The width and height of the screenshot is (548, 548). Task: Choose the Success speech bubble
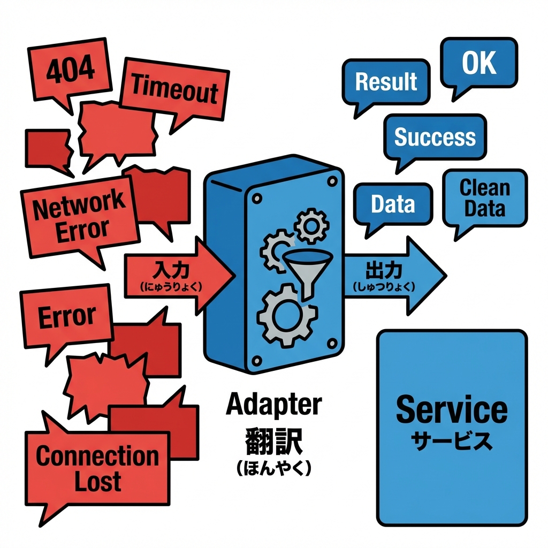pyautogui.click(x=435, y=137)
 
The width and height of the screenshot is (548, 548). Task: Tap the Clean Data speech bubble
pyautogui.click(x=485, y=199)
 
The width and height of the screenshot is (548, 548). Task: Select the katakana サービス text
pyautogui.click(x=452, y=440)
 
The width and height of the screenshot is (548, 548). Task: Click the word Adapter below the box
pyautogui.click(x=274, y=405)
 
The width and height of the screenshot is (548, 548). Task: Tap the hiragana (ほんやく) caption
pyautogui.click(x=274, y=467)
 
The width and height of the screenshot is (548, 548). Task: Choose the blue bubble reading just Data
pyautogui.click(x=393, y=204)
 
